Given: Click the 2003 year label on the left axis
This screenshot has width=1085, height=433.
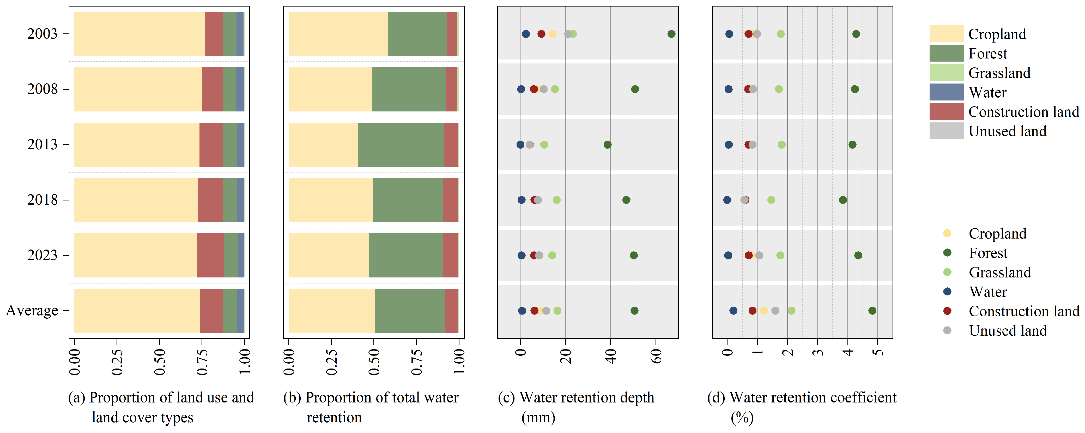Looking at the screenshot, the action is coord(42,34).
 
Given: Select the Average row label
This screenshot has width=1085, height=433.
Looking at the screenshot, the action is coord(32,311).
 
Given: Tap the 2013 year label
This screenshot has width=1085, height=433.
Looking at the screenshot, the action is coord(42,145).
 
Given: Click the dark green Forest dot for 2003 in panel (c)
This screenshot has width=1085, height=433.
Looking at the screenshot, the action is coord(671,34).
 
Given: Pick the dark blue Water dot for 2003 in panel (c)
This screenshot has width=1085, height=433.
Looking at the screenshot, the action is coord(526,34).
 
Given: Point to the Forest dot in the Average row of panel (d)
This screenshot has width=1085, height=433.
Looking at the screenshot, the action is coord(872,311).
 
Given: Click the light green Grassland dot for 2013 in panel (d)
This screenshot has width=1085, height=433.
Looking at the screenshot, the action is coord(782,145).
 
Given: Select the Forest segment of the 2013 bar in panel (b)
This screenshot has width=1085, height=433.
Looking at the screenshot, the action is coord(401,145).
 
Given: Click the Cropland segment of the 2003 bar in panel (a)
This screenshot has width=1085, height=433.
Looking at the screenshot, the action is coord(140,34).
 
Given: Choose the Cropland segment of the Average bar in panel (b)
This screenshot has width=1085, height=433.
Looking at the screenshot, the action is coord(331,311).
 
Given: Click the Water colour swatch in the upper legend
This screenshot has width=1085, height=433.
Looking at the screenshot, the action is coord(947,92).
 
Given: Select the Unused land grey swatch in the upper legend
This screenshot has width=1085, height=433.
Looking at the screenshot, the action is coord(947,131).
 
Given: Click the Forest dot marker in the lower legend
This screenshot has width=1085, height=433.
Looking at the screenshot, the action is coord(947,253).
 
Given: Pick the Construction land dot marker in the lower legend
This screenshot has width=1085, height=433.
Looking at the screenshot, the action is coord(947,311).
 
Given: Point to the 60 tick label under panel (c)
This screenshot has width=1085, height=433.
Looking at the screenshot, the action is coord(656,357).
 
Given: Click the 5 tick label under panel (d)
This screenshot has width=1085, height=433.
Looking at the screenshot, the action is coord(878,352).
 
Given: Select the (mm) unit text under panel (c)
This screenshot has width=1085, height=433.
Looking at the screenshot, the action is coord(538,418).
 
